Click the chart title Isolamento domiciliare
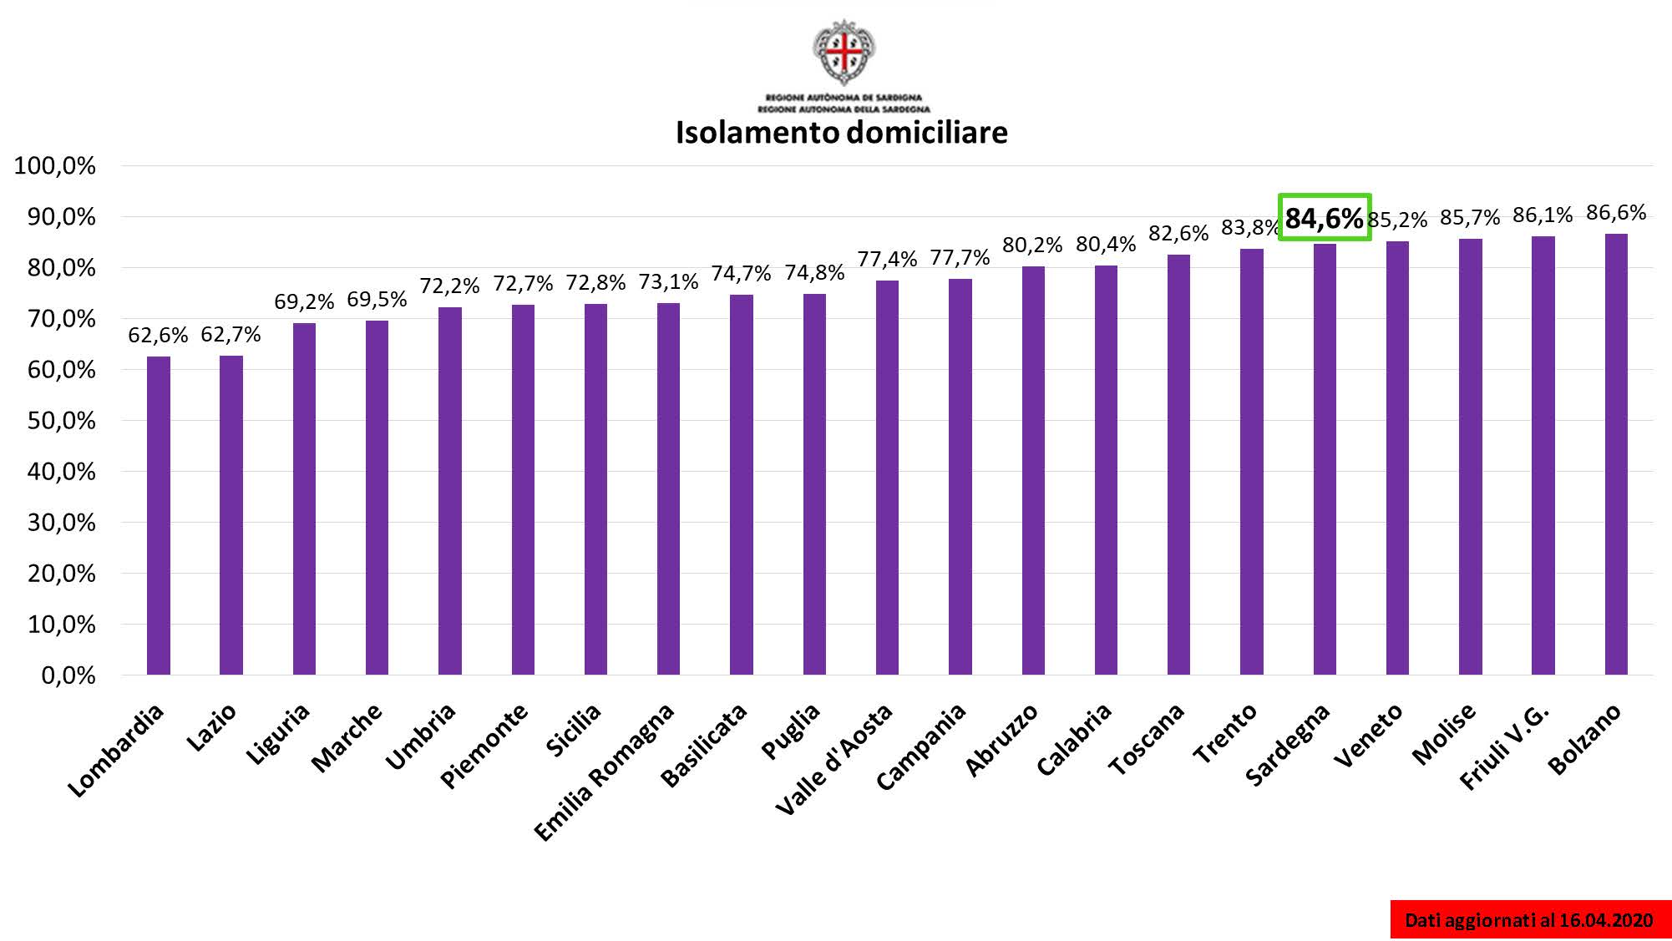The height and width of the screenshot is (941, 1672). (841, 132)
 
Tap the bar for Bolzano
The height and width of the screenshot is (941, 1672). (1615, 454)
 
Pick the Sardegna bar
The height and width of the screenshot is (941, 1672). (1325, 459)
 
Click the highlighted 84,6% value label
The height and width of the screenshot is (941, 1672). (1324, 218)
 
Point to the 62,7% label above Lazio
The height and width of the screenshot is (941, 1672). (231, 335)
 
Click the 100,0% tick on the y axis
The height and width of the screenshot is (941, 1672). (55, 165)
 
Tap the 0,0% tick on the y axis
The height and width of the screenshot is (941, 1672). (68, 675)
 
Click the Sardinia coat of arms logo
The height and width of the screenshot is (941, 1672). (844, 52)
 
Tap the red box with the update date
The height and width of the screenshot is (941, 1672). (1529, 919)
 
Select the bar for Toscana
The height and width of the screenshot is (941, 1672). (1178, 464)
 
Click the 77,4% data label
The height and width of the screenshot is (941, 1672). (887, 260)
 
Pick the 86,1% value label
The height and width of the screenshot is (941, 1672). (1543, 215)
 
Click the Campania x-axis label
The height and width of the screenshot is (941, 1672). (922, 746)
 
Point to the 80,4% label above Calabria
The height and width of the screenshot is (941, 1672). (1106, 245)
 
